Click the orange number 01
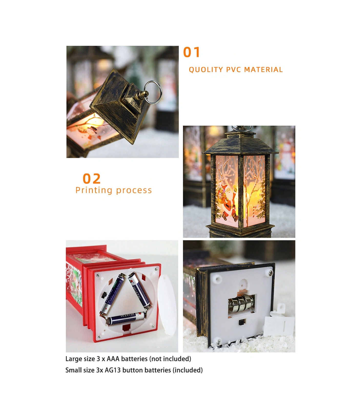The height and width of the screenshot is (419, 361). point(191,52)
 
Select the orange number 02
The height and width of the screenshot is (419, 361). point(91,179)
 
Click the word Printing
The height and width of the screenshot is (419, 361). point(94,190)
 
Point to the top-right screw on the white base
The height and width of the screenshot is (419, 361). point(270,273)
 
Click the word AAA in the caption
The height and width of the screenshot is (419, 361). point(113,359)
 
